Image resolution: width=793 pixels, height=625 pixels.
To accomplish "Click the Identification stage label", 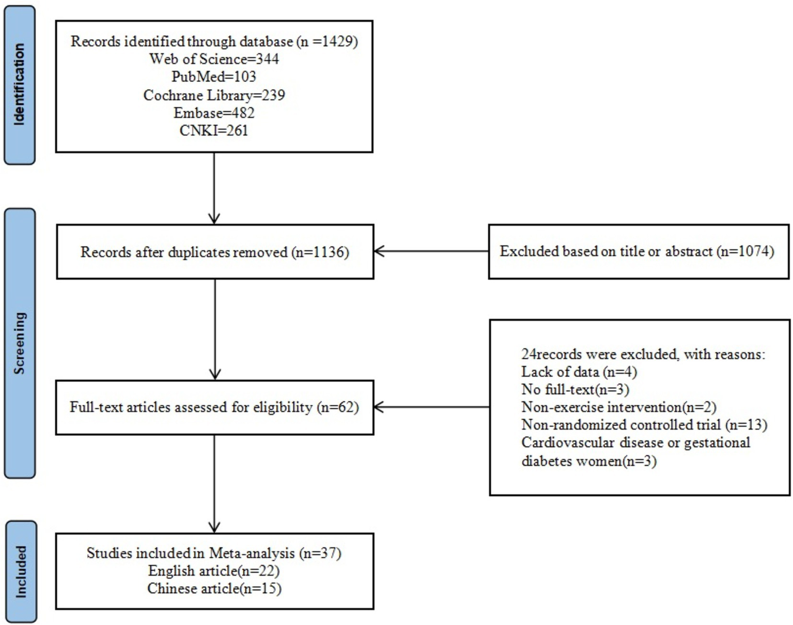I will point(20,85).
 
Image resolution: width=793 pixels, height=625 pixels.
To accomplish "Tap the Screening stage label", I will point(20,343).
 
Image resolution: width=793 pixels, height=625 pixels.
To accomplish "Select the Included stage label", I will point(21,571).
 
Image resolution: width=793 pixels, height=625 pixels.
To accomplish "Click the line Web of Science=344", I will point(214,59).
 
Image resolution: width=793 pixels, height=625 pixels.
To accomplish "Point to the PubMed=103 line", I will point(214,77).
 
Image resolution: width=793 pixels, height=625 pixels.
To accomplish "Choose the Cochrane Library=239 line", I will point(214,95).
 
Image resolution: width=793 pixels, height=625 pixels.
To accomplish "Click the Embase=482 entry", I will point(214,113).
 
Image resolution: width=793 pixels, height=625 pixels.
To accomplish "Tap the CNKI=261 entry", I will point(214,130).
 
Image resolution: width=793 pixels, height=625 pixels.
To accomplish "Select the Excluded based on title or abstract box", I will point(638,252).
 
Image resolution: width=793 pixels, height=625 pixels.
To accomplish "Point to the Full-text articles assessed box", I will point(214,407).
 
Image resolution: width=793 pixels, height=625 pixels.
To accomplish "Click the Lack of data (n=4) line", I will point(579,372).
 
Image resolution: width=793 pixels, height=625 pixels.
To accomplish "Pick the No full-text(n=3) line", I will point(575,389).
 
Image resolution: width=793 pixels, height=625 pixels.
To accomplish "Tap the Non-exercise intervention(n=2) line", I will point(618,407).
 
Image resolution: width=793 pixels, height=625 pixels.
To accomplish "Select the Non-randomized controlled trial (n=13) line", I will point(644,425).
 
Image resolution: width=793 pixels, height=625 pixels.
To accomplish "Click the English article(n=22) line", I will point(214,571).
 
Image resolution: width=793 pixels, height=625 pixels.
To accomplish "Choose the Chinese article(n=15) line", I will point(214,588).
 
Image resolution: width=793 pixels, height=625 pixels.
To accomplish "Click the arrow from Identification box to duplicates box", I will point(214,189).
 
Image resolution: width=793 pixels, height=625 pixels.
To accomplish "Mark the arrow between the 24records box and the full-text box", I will point(431,407).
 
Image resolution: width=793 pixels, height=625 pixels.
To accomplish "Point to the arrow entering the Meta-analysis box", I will point(214,483).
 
